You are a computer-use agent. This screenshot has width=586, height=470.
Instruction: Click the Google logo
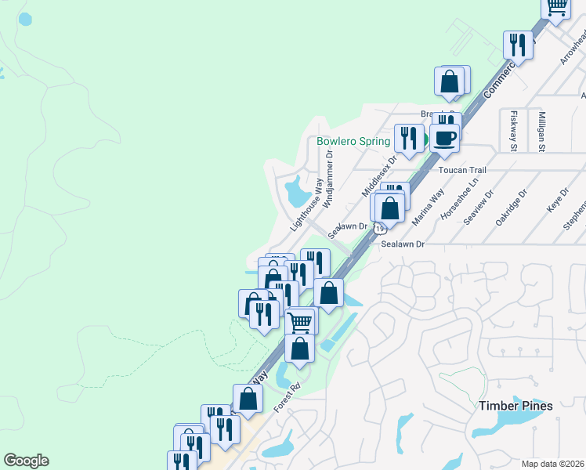[26, 461]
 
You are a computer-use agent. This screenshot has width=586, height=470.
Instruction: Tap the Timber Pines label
[515, 406]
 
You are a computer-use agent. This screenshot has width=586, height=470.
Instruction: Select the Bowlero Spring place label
[353, 142]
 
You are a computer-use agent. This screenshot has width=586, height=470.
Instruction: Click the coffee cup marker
[444, 139]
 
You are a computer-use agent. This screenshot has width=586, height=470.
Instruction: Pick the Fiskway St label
[514, 131]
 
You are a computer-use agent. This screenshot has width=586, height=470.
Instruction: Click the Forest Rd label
[288, 398]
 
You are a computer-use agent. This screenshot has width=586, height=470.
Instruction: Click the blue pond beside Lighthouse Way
[297, 189]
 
